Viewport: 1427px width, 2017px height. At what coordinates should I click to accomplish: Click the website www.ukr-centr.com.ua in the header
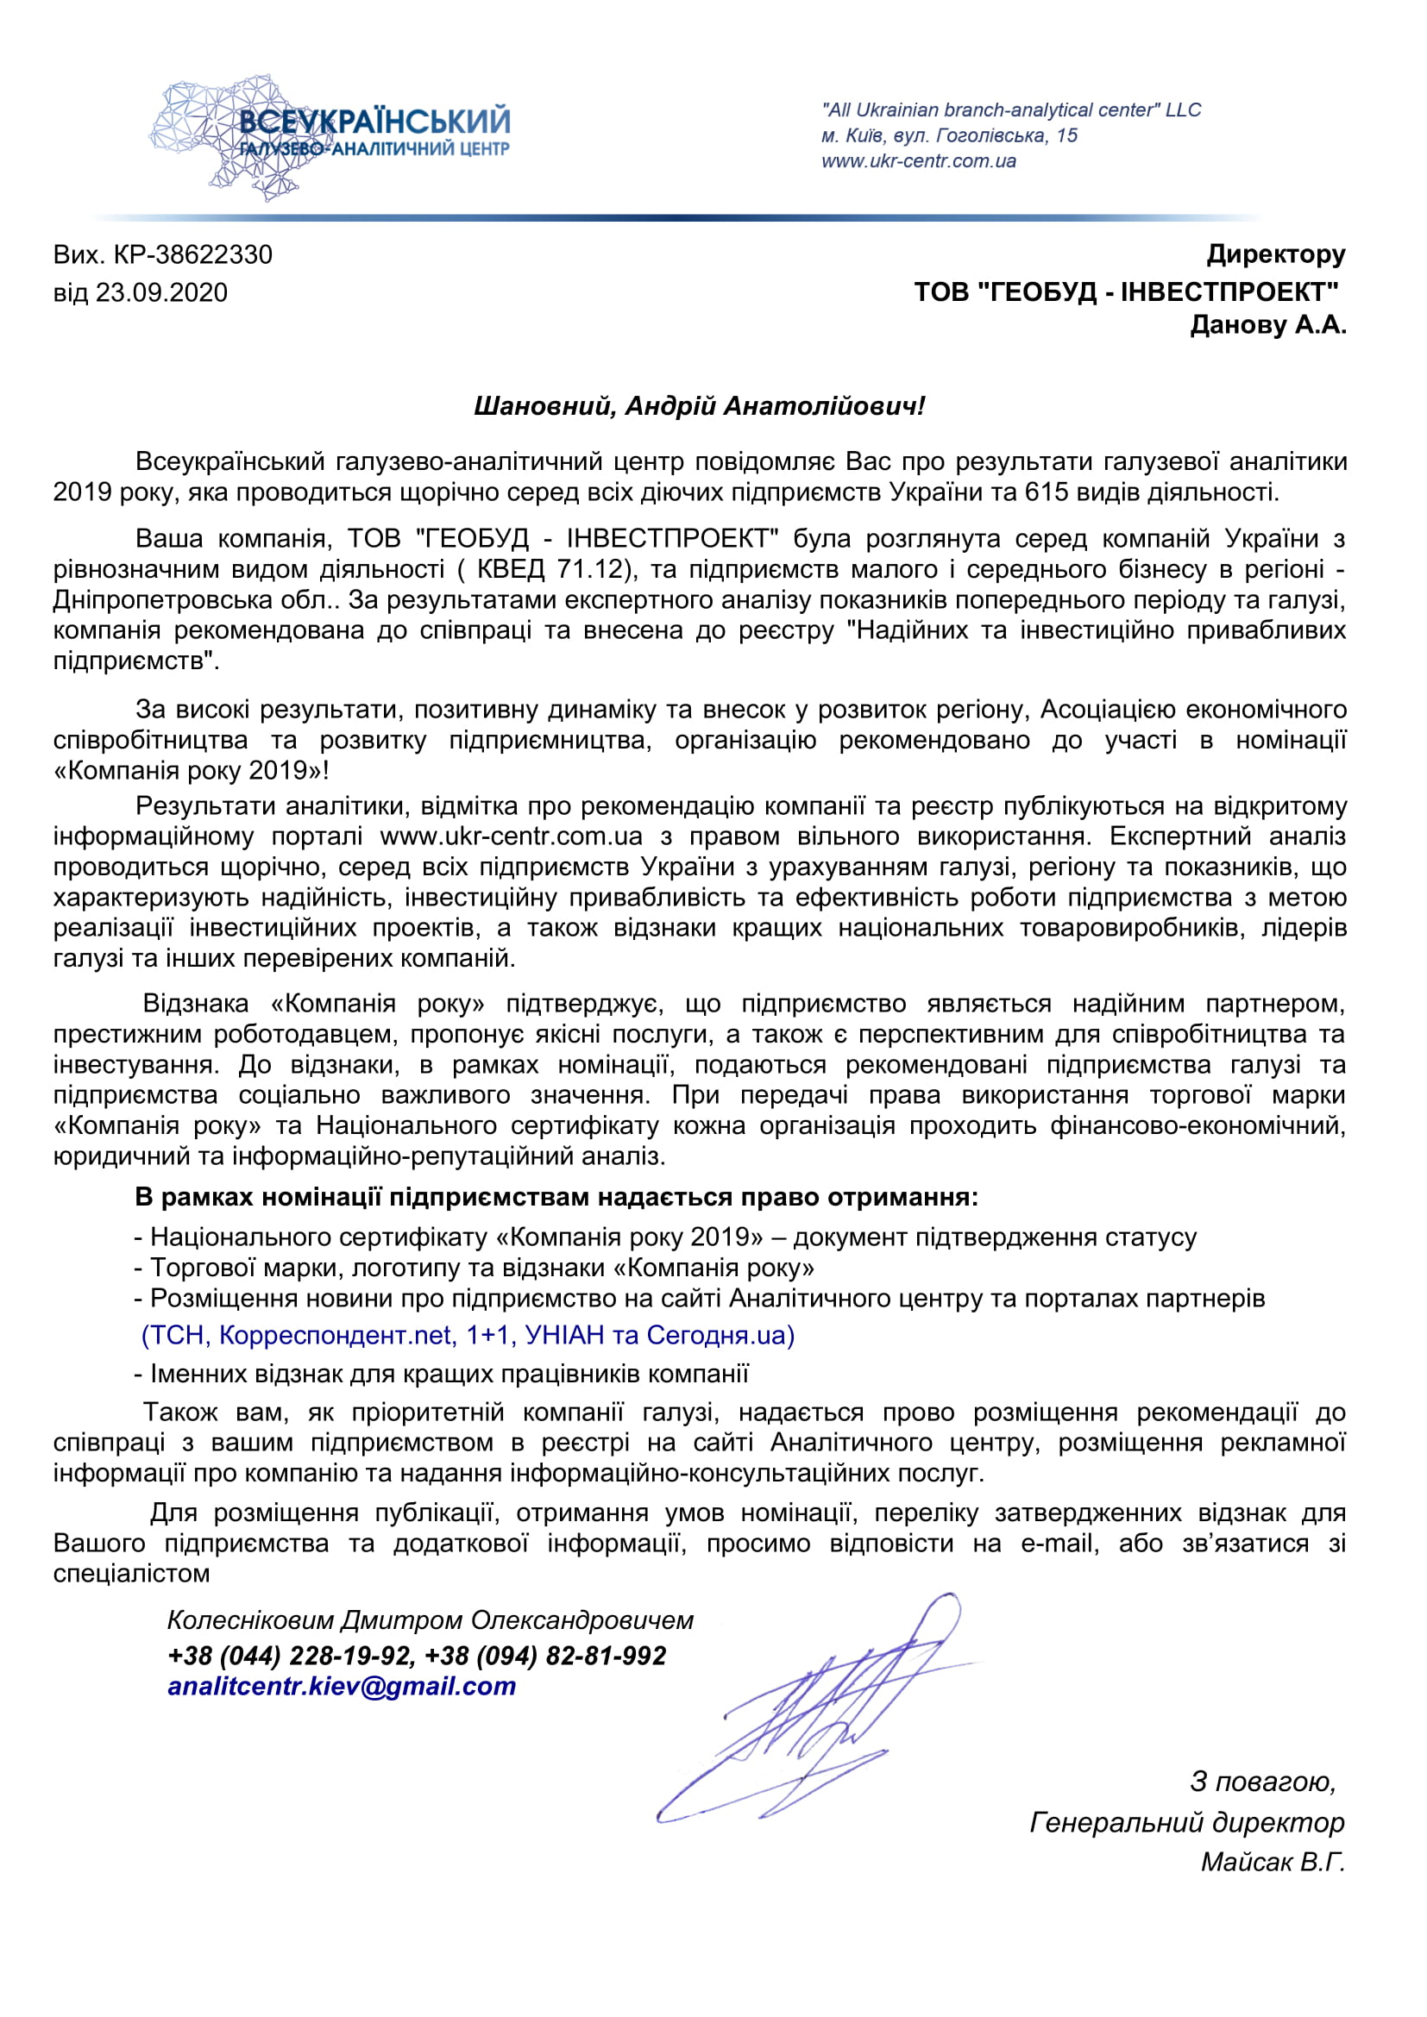(918, 161)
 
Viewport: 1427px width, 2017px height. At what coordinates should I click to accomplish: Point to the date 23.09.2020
(161, 292)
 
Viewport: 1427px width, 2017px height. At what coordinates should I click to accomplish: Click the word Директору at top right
(1275, 254)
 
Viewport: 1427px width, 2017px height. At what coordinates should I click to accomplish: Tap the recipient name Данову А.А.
(1267, 325)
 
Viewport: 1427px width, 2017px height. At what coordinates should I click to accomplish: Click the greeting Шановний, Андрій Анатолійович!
(699, 406)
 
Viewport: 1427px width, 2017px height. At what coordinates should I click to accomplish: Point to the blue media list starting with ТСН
(468, 1335)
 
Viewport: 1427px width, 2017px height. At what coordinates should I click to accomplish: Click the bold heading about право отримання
(556, 1197)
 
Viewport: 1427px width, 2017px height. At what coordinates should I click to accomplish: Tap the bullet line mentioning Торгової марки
(475, 1268)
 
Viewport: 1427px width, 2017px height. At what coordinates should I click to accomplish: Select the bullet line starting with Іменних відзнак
(441, 1373)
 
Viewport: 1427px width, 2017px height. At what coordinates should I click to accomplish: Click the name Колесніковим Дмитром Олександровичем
(430, 1620)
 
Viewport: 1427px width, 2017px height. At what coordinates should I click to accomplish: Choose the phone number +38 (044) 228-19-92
(290, 1656)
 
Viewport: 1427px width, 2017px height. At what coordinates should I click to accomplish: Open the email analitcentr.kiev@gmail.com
(342, 1687)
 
